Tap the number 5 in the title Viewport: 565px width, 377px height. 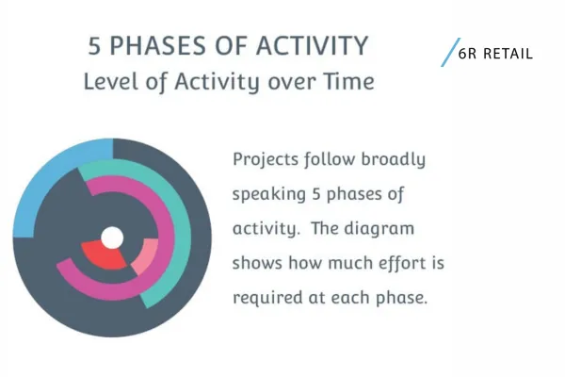coord(96,44)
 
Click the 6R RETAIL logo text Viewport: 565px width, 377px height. coord(495,54)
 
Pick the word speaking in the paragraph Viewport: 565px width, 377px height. coord(268,195)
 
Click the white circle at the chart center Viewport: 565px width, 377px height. coord(112,238)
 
